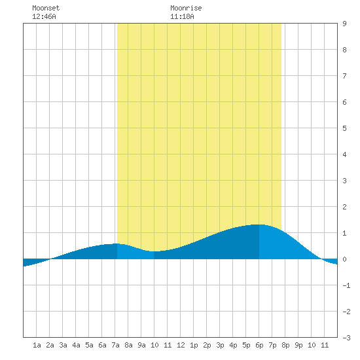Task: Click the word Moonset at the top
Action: click(x=46, y=8)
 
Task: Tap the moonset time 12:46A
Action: click(x=44, y=16)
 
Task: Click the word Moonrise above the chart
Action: click(x=186, y=8)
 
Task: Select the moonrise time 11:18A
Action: click(x=182, y=16)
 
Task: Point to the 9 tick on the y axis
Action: click(x=344, y=24)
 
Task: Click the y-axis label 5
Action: click(x=344, y=128)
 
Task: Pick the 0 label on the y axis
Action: click(x=344, y=259)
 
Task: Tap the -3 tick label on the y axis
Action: click(x=346, y=338)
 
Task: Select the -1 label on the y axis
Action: click(x=346, y=285)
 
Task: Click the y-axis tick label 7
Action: click(x=344, y=76)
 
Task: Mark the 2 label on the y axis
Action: click(x=344, y=207)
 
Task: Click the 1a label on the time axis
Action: click(x=37, y=345)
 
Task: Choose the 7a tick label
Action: click(x=115, y=345)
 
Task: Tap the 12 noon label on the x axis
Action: click(x=181, y=345)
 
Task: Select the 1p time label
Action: click(x=194, y=345)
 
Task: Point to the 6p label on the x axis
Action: click(x=259, y=345)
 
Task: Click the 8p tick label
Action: click(x=285, y=345)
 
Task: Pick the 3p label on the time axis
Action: click(x=220, y=345)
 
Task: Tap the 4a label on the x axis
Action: click(x=76, y=345)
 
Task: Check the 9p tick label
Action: click(x=298, y=345)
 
